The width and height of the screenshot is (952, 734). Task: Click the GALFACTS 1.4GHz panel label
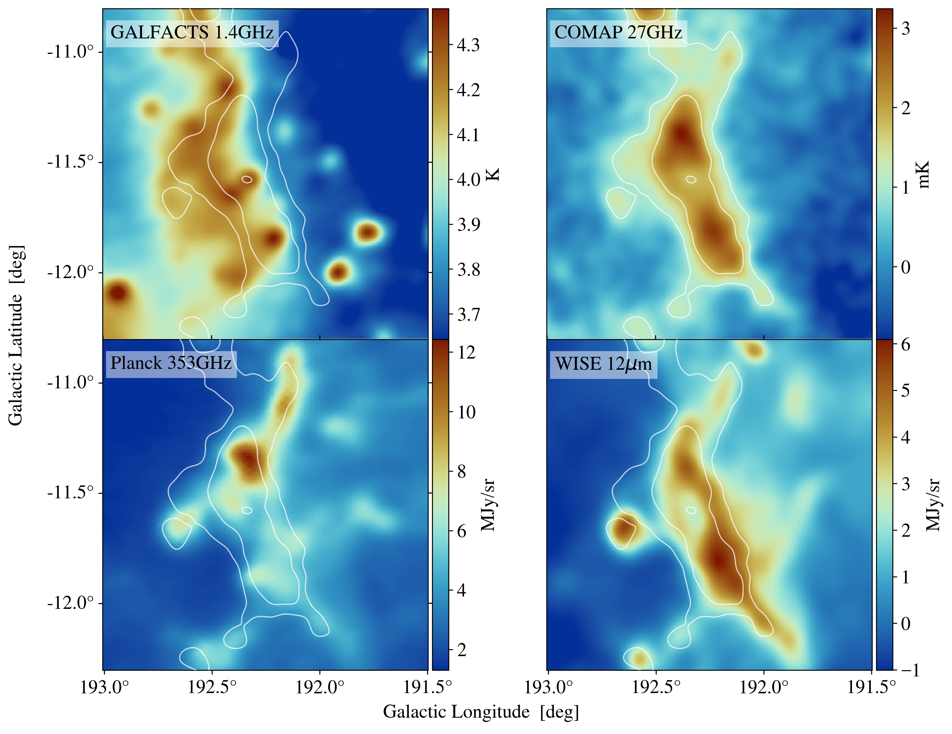[192, 33]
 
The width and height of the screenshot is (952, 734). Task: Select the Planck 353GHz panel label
[171, 363]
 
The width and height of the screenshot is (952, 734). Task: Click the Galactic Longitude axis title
[481, 712]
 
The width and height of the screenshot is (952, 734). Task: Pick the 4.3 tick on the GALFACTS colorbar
[468, 45]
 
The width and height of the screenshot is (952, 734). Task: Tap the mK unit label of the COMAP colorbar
[923, 174]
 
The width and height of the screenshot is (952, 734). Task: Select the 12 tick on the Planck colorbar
[466, 353]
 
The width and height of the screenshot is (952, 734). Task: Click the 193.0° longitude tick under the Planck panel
[105, 687]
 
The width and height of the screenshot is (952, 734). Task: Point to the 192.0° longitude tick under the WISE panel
[764, 687]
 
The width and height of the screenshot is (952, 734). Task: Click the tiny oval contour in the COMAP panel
[691, 179]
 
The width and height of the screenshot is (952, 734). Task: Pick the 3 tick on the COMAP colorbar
[905, 29]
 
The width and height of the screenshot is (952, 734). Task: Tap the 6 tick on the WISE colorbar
[905, 345]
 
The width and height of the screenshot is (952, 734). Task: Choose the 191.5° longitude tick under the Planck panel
[428, 687]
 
